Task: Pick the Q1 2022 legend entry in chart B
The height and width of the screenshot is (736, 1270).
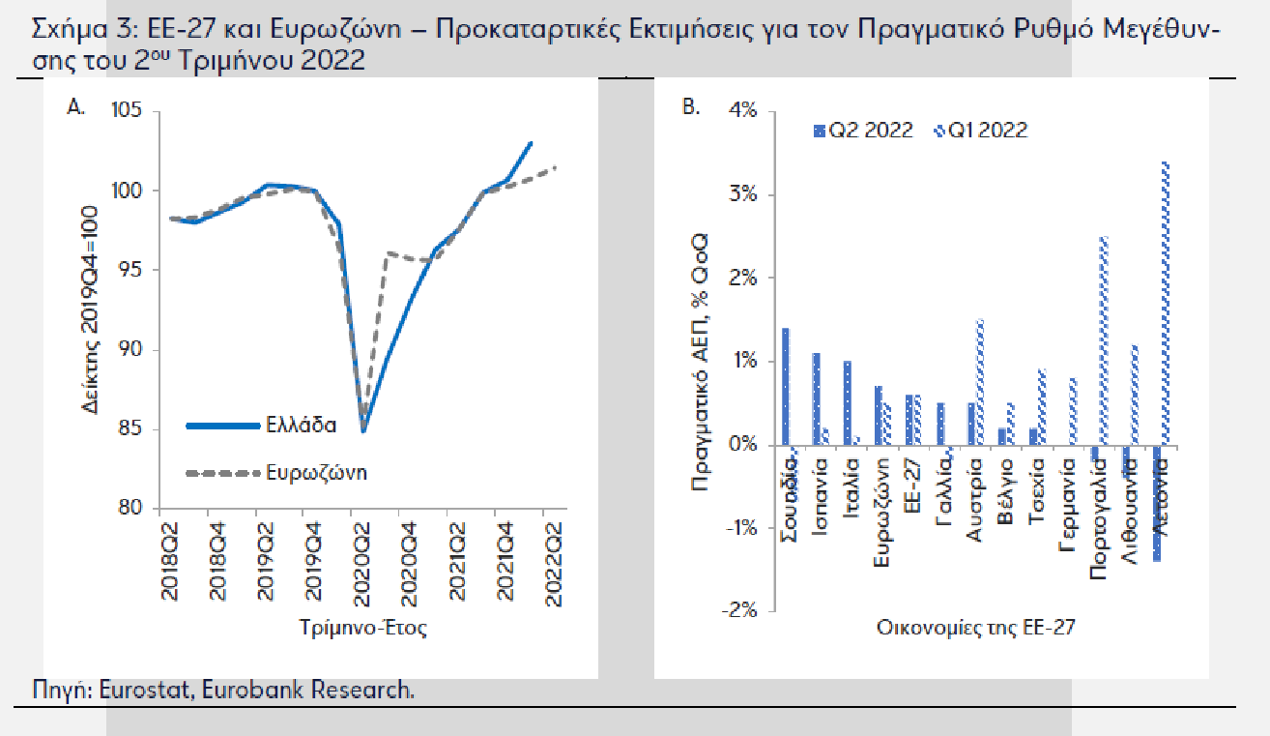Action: coord(985,131)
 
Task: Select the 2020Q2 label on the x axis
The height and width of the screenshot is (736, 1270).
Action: coord(359,563)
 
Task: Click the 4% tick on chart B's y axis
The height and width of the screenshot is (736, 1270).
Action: coord(744,111)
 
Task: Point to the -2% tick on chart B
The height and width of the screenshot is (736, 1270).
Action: coord(742,610)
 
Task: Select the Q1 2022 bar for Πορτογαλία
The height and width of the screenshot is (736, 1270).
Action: coord(1103,340)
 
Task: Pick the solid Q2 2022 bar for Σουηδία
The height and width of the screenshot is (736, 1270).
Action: coord(786,387)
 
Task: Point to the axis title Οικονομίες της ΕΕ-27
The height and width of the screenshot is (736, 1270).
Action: coord(975,628)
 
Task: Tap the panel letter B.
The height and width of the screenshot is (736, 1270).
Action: coord(691,107)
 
